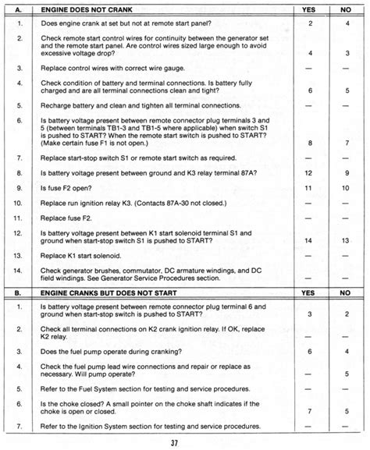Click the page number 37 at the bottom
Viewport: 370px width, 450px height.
pos(184,443)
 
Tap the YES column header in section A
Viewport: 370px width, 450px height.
pos(310,10)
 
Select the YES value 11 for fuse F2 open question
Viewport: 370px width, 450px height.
pos(310,188)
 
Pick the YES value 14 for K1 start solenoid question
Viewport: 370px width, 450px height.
pos(310,240)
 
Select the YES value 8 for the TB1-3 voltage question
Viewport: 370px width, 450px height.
pos(310,143)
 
